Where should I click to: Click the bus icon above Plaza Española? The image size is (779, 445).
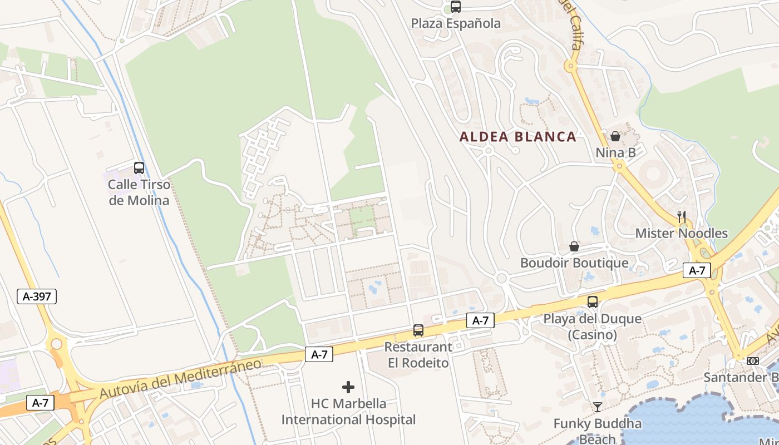[x=456, y=7]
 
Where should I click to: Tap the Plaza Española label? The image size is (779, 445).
[x=456, y=23]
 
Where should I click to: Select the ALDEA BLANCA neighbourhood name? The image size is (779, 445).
[x=517, y=137]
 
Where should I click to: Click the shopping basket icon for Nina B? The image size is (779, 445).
[x=615, y=136]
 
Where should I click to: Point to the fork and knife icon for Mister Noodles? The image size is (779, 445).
[x=682, y=217]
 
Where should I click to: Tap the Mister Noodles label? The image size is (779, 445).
[x=682, y=233]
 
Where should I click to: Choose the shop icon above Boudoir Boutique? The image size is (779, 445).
[x=574, y=246]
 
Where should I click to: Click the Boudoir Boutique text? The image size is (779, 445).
[x=574, y=263]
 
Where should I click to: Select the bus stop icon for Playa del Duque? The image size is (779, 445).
[x=593, y=302]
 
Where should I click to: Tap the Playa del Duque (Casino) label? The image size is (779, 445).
[x=593, y=327]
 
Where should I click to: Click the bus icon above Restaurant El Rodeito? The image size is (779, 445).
[x=418, y=330]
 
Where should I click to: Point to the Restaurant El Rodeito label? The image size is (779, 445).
[x=418, y=355]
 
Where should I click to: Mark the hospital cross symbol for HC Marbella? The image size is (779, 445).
[x=348, y=387]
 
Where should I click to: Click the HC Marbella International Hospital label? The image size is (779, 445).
[x=348, y=412]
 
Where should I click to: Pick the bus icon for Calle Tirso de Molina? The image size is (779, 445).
[x=139, y=168]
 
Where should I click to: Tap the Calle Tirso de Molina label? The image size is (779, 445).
[x=139, y=192]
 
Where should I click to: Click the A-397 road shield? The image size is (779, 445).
[x=37, y=296]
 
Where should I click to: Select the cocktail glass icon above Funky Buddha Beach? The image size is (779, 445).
[x=597, y=407]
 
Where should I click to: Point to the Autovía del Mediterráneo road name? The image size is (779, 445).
[x=180, y=378]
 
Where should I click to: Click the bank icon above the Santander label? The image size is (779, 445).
[x=753, y=361]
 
